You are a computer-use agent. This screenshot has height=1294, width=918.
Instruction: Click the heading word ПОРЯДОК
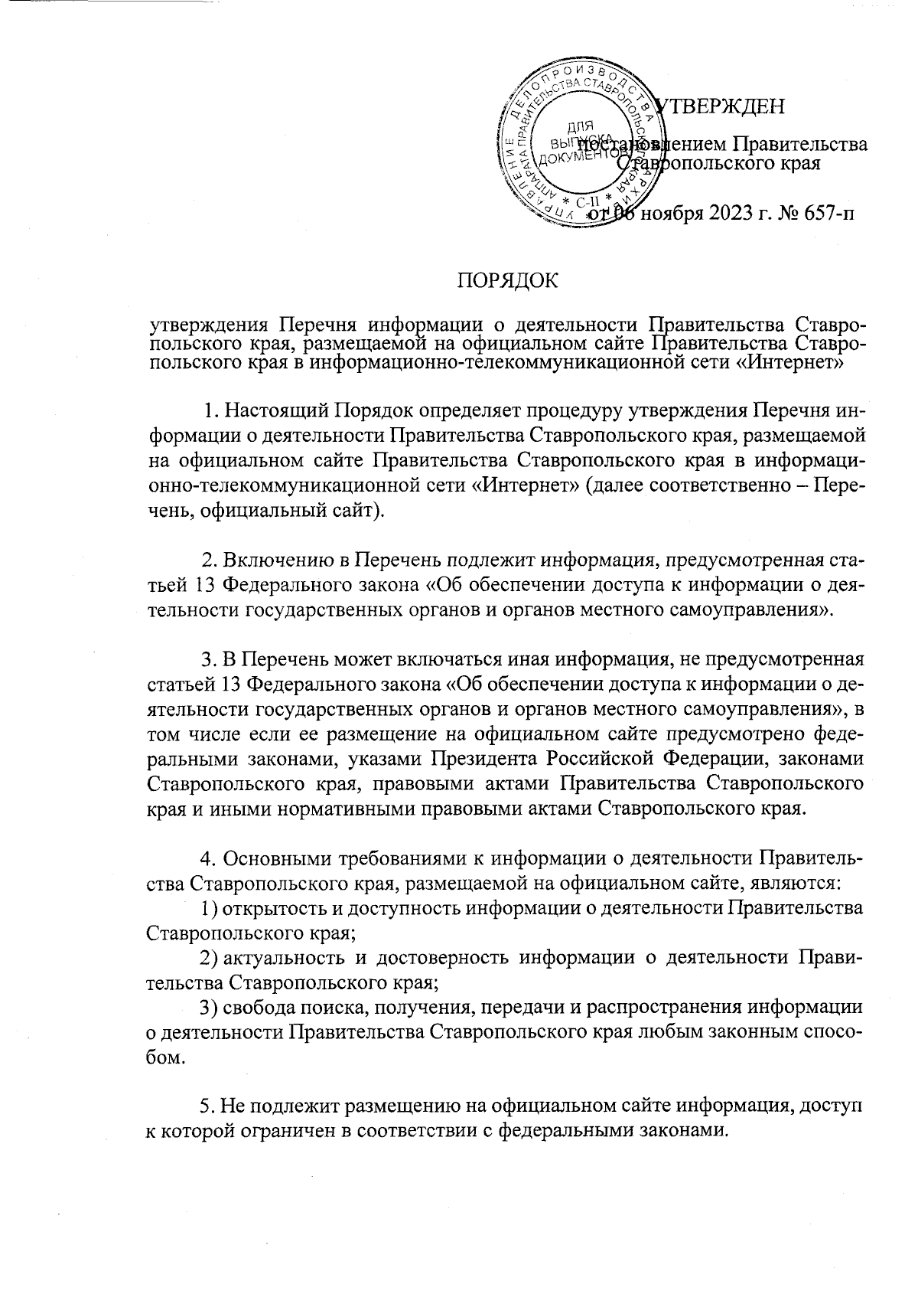pyautogui.click(x=507, y=281)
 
